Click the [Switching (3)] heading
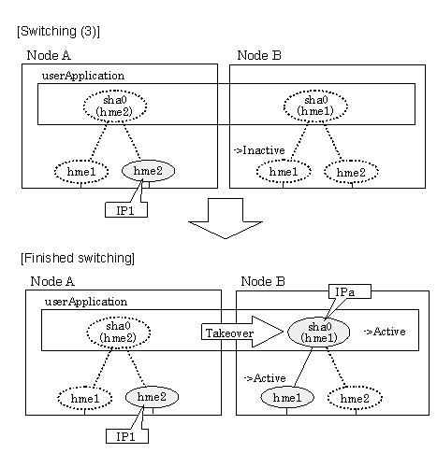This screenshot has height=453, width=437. click(x=58, y=32)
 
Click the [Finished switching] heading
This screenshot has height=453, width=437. click(x=78, y=259)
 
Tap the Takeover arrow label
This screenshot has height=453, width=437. click(x=229, y=333)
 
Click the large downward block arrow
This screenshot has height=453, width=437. click(x=226, y=219)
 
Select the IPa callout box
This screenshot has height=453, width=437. click(x=350, y=291)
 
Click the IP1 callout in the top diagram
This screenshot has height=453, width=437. click(x=126, y=210)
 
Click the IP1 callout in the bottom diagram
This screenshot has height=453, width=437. click(x=126, y=436)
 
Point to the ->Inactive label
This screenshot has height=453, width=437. click(x=259, y=150)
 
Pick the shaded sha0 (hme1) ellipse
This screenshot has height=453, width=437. click(x=318, y=332)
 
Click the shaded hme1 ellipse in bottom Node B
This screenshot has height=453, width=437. click(x=287, y=397)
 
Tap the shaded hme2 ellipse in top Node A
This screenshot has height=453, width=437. click(x=148, y=171)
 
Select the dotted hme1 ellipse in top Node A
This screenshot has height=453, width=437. click(x=81, y=172)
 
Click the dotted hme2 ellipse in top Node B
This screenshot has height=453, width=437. click(x=351, y=172)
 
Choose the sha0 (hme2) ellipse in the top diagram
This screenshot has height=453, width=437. click(x=115, y=106)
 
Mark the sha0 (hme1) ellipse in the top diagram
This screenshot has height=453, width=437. click(x=315, y=106)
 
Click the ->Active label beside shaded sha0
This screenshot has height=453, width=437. click(x=385, y=332)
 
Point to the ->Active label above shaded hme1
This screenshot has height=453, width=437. click(x=265, y=378)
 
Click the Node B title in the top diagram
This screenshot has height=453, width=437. click(x=259, y=55)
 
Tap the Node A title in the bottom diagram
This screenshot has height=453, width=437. click(x=52, y=281)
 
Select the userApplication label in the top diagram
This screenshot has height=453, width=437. click(x=83, y=76)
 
